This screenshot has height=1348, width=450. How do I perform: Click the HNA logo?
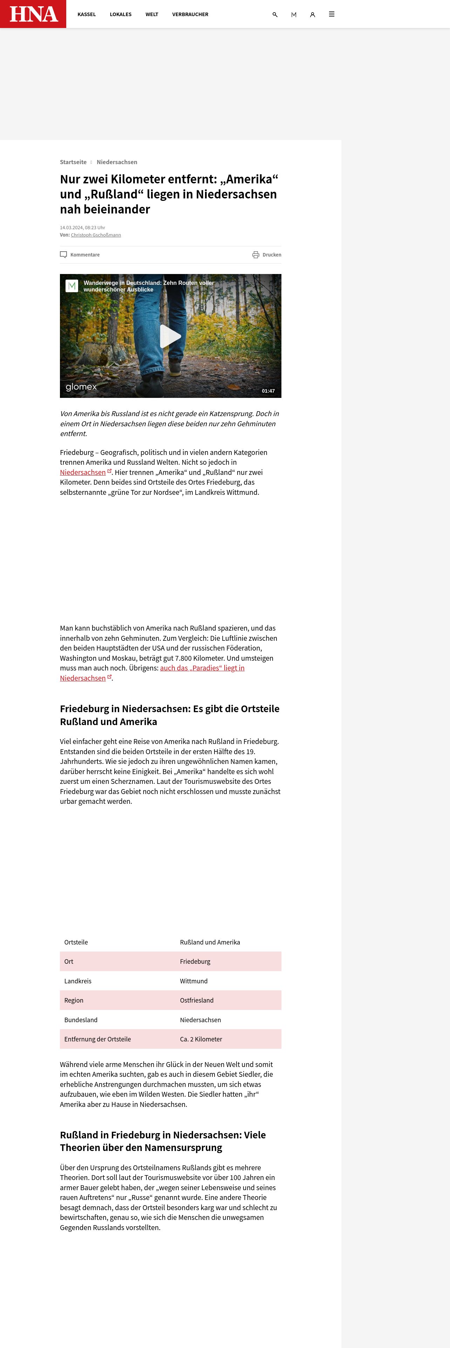pos(33,14)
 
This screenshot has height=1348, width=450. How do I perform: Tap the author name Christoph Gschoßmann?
pos(96,235)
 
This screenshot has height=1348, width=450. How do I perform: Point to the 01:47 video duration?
pos(268,391)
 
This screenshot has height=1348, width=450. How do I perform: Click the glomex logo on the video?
pos(81,387)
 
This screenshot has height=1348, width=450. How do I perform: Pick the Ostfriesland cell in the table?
pos(197,1001)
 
